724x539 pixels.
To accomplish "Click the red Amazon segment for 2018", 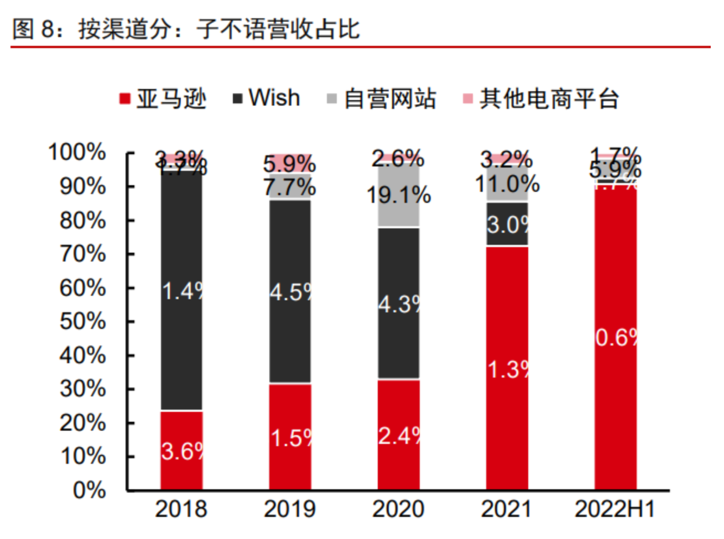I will pyautogui.click(x=181, y=451).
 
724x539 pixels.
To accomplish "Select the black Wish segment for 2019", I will pyautogui.click(x=290, y=291).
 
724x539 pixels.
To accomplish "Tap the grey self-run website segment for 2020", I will pyautogui.click(x=398, y=195).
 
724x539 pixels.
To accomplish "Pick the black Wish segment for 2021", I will pyautogui.click(x=507, y=224).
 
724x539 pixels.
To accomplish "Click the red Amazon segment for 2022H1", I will pyautogui.click(x=615, y=337).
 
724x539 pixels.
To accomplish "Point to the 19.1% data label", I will pyautogui.click(x=399, y=195).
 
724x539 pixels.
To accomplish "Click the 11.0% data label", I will pyautogui.click(x=507, y=184).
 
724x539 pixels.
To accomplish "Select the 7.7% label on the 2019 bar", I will pyautogui.click(x=290, y=187).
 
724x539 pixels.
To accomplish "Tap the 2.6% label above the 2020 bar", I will pyautogui.click(x=398, y=159).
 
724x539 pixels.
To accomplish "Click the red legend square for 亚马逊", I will pyautogui.click(x=125, y=99).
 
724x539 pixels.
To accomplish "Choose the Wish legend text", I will pyautogui.click(x=274, y=98).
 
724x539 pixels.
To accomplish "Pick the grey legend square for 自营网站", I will pyautogui.click(x=332, y=99).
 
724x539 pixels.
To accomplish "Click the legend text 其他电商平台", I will pyautogui.click(x=549, y=99).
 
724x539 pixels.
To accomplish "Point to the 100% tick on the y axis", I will pyautogui.click(x=77, y=152).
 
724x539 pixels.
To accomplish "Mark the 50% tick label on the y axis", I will pyautogui.click(x=83, y=321).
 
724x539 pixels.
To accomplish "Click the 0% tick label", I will pyautogui.click(x=89, y=490).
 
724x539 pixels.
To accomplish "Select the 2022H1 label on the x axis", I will pyautogui.click(x=615, y=509).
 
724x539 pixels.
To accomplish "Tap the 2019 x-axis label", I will pyautogui.click(x=290, y=509).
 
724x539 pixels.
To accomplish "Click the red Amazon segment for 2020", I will pyautogui.click(x=398, y=435).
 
